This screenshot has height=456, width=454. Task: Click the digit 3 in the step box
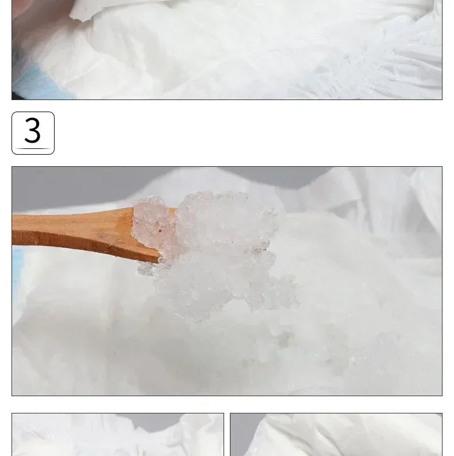33,130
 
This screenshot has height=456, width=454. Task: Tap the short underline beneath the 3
33,148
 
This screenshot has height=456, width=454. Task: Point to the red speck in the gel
160,231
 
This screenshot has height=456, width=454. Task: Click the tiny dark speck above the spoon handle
40,172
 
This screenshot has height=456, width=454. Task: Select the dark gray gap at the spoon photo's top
276,177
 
